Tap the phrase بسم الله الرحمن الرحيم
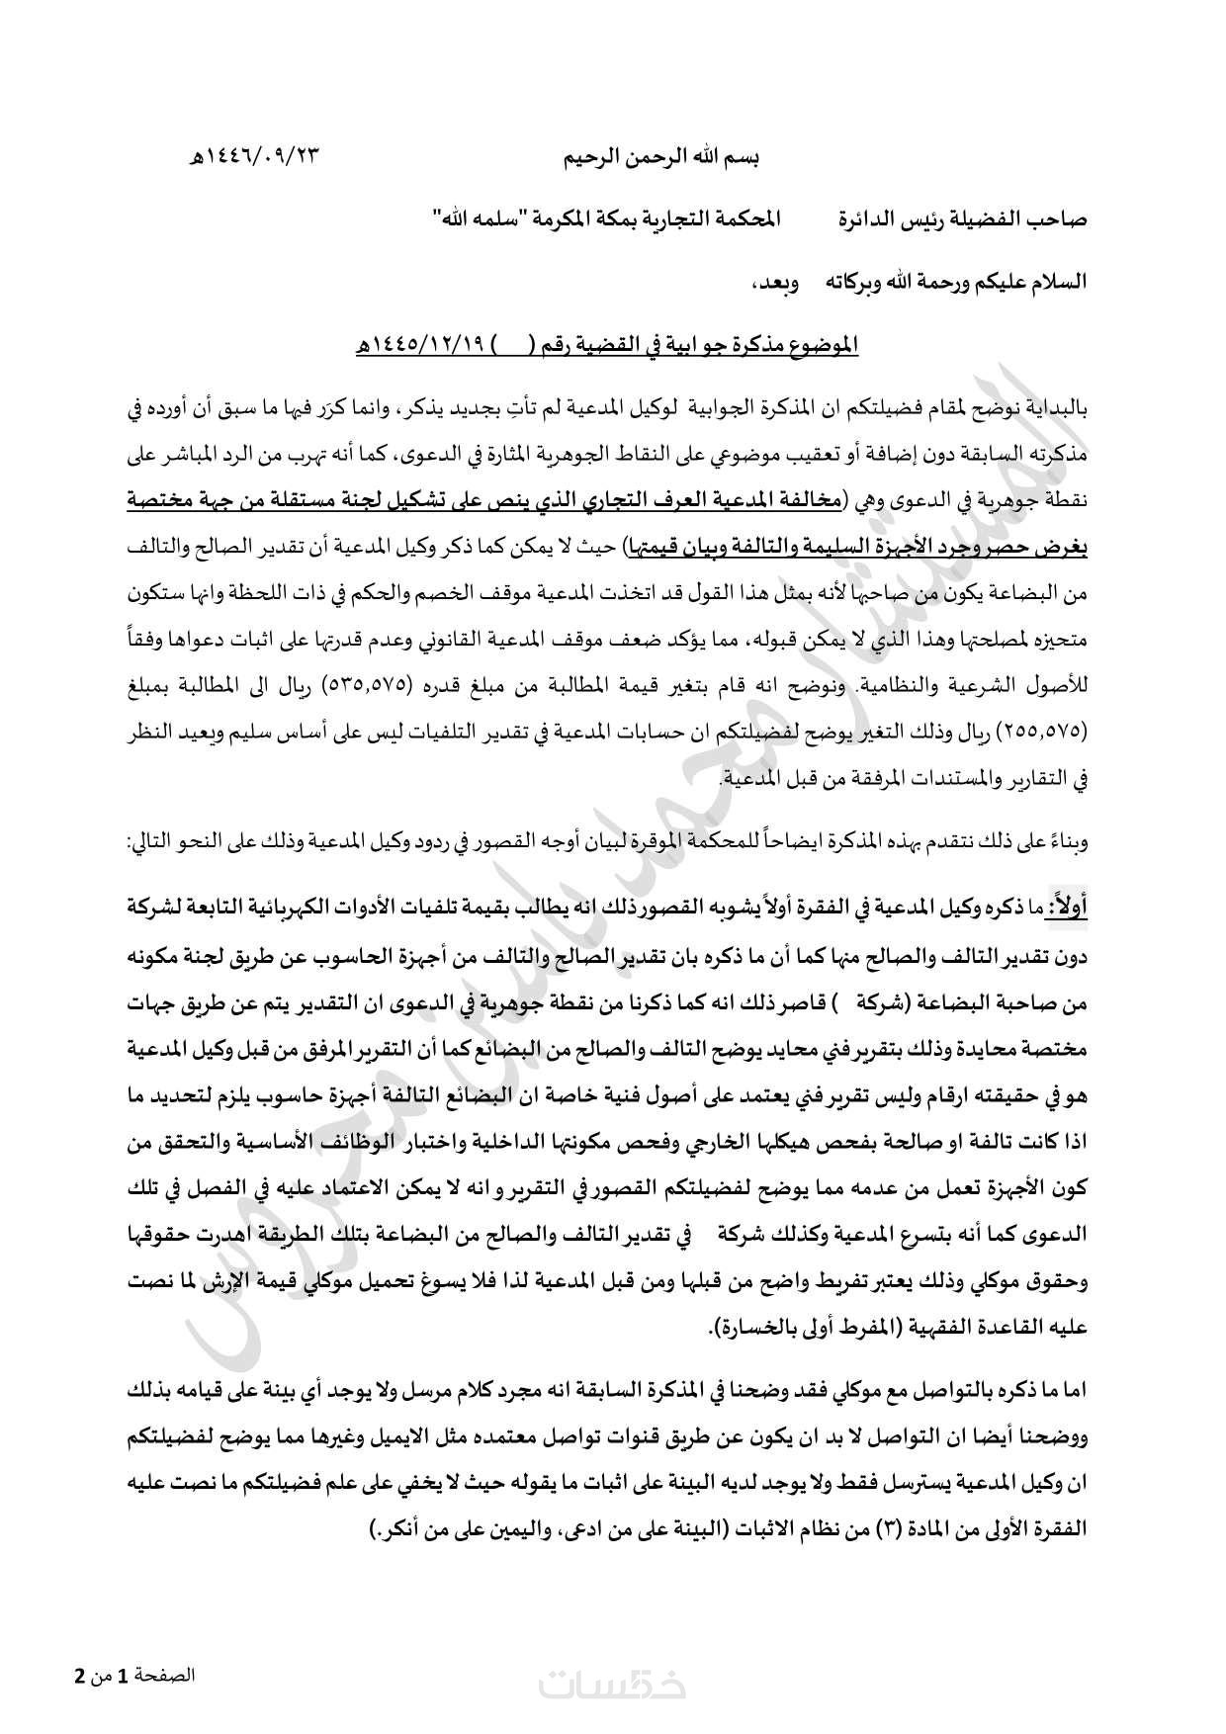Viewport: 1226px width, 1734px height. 661,156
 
